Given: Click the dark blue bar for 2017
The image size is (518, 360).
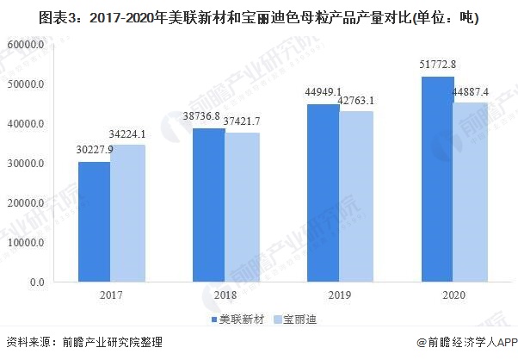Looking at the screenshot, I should point(94,221).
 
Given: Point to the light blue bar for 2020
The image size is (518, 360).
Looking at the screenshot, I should point(471,192).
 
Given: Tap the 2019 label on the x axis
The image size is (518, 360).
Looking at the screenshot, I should point(338,295).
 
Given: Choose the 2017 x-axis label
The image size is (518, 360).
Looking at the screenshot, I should point(110,295).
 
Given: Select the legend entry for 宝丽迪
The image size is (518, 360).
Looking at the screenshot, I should point(297,320).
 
